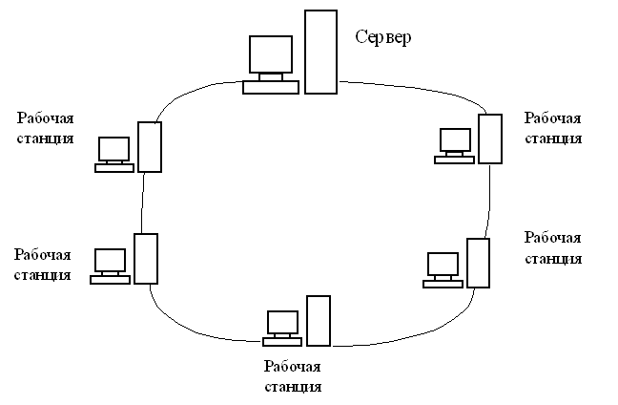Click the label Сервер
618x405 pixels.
pos(383,38)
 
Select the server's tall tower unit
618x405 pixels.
pos(320,52)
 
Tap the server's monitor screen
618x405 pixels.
pos(271,54)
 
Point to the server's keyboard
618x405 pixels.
pos(271,87)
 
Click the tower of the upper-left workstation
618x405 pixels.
pos(150,147)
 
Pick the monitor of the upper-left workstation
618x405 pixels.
pos(113,149)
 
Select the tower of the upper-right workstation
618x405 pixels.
pos(490,139)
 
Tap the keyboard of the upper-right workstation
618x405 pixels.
pos(454,160)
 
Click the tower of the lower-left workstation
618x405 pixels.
pos(146,259)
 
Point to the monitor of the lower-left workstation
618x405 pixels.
pos(111,261)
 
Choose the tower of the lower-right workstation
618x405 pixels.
pos(479,263)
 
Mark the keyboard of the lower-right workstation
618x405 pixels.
pos(443,285)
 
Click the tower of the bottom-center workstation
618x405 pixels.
pos(319,321)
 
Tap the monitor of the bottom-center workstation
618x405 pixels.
pos(282,323)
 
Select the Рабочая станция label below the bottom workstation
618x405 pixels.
pos(293,376)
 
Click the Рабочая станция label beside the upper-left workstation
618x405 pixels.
pos(46,128)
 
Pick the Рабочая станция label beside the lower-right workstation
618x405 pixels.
pos(553,248)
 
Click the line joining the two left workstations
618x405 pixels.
pos(142,202)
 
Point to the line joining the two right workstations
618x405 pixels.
pos(488,201)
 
